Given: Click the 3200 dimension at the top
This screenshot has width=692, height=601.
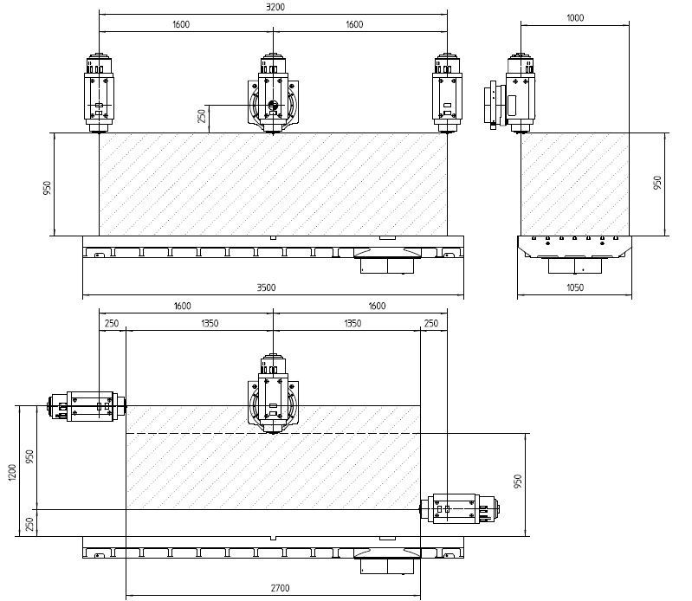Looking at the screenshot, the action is [275, 7].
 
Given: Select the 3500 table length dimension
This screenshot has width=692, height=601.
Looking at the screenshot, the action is [266, 288].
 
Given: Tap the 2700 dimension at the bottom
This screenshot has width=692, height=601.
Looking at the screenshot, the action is [280, 588].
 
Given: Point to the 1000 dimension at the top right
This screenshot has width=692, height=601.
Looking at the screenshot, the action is [575, 18].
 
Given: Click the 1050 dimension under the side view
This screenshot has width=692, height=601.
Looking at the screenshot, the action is [575, 288].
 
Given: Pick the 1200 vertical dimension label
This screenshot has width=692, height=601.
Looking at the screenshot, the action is [12, 473].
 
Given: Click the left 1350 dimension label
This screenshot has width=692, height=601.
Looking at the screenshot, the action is [210, 323].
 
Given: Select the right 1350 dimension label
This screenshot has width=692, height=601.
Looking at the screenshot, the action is [352, 323].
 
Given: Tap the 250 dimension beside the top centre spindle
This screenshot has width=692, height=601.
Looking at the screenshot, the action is [202, 116].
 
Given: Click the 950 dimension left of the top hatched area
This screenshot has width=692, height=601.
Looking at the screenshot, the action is [47, 188].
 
